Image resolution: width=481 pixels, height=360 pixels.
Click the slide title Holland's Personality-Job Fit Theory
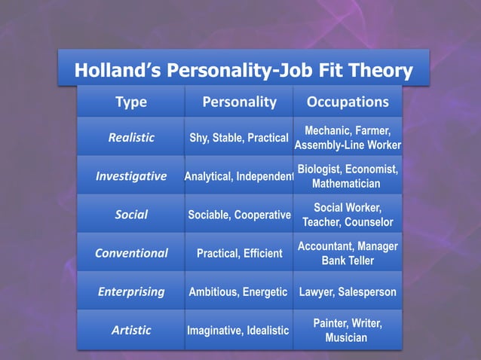244,72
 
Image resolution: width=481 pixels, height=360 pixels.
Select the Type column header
130,102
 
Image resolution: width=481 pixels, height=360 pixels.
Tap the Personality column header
239,102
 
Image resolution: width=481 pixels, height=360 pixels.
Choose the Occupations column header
348,102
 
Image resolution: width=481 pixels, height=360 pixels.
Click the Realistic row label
131,137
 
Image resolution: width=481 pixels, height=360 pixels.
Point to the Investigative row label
131,176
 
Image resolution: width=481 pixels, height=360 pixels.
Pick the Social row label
131,215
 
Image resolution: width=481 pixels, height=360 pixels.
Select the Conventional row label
131,253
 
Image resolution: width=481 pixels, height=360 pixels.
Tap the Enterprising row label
131,291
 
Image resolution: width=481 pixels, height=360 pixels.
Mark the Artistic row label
131,330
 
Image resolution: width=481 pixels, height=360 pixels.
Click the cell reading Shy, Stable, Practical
239,138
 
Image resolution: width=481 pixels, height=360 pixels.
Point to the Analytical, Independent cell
239,177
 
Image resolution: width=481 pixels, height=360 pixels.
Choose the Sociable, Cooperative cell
239,215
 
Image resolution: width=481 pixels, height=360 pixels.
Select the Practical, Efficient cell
239,254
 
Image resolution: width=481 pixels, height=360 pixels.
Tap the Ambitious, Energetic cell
239,292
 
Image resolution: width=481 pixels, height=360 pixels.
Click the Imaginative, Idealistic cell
239,331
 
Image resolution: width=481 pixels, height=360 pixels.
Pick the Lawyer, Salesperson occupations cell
348,292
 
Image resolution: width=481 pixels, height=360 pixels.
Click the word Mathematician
348,184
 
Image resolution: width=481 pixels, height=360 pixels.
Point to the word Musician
348,337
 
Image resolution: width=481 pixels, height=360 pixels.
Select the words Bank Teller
348,261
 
